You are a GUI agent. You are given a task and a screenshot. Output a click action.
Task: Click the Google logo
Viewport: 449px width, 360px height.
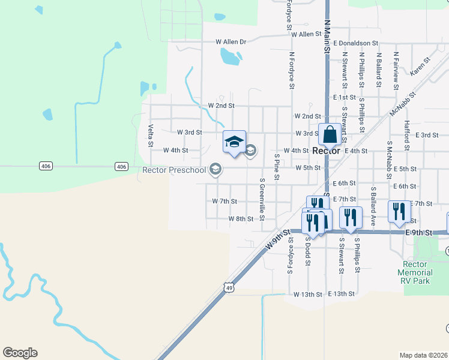tap(20, 353)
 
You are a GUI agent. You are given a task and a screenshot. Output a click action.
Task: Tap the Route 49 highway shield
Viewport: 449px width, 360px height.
tap(229, 288)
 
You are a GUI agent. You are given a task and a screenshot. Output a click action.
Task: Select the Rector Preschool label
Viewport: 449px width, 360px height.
tap(173, 170)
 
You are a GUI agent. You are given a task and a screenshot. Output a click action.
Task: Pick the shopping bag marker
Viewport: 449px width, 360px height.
tap(330, 134)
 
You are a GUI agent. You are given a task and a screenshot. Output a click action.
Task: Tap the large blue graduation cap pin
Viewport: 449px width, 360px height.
tap(234, 142)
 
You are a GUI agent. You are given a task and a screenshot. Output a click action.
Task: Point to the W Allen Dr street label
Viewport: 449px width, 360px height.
tap(231, 42)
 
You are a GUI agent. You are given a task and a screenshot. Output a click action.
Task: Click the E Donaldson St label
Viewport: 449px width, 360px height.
tap(356, 43)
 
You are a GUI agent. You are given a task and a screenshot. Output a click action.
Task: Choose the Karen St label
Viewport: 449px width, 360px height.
tap(420, 66)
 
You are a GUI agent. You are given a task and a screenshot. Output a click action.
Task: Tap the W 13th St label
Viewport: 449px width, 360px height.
tap(308, 295)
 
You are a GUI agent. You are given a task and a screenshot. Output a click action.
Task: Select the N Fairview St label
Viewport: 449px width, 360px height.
tap(396, 70)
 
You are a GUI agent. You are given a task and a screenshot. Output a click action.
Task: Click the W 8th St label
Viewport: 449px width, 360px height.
tap(241, 219)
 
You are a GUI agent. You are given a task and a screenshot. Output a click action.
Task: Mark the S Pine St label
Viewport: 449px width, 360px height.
tap(277, 166)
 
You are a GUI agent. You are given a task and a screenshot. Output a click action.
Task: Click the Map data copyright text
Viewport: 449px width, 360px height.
tap(424, 355)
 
